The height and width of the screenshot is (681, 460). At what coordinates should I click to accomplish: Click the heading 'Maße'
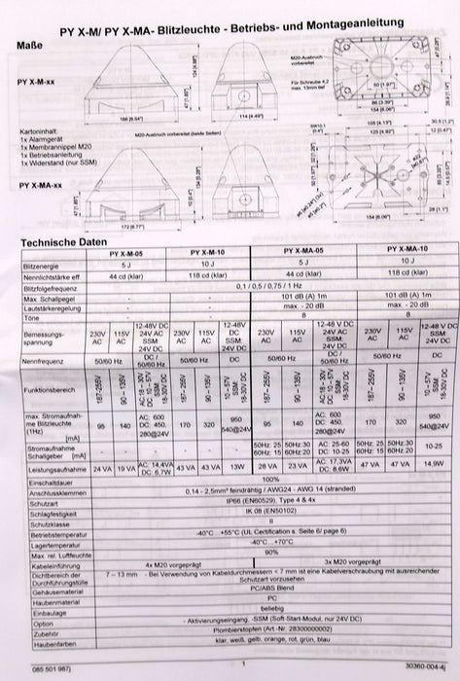click(29, 44)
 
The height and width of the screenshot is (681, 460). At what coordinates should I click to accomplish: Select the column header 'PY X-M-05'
click(122, 253)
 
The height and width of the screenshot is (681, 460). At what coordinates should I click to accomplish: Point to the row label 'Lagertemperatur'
click(45, 544)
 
